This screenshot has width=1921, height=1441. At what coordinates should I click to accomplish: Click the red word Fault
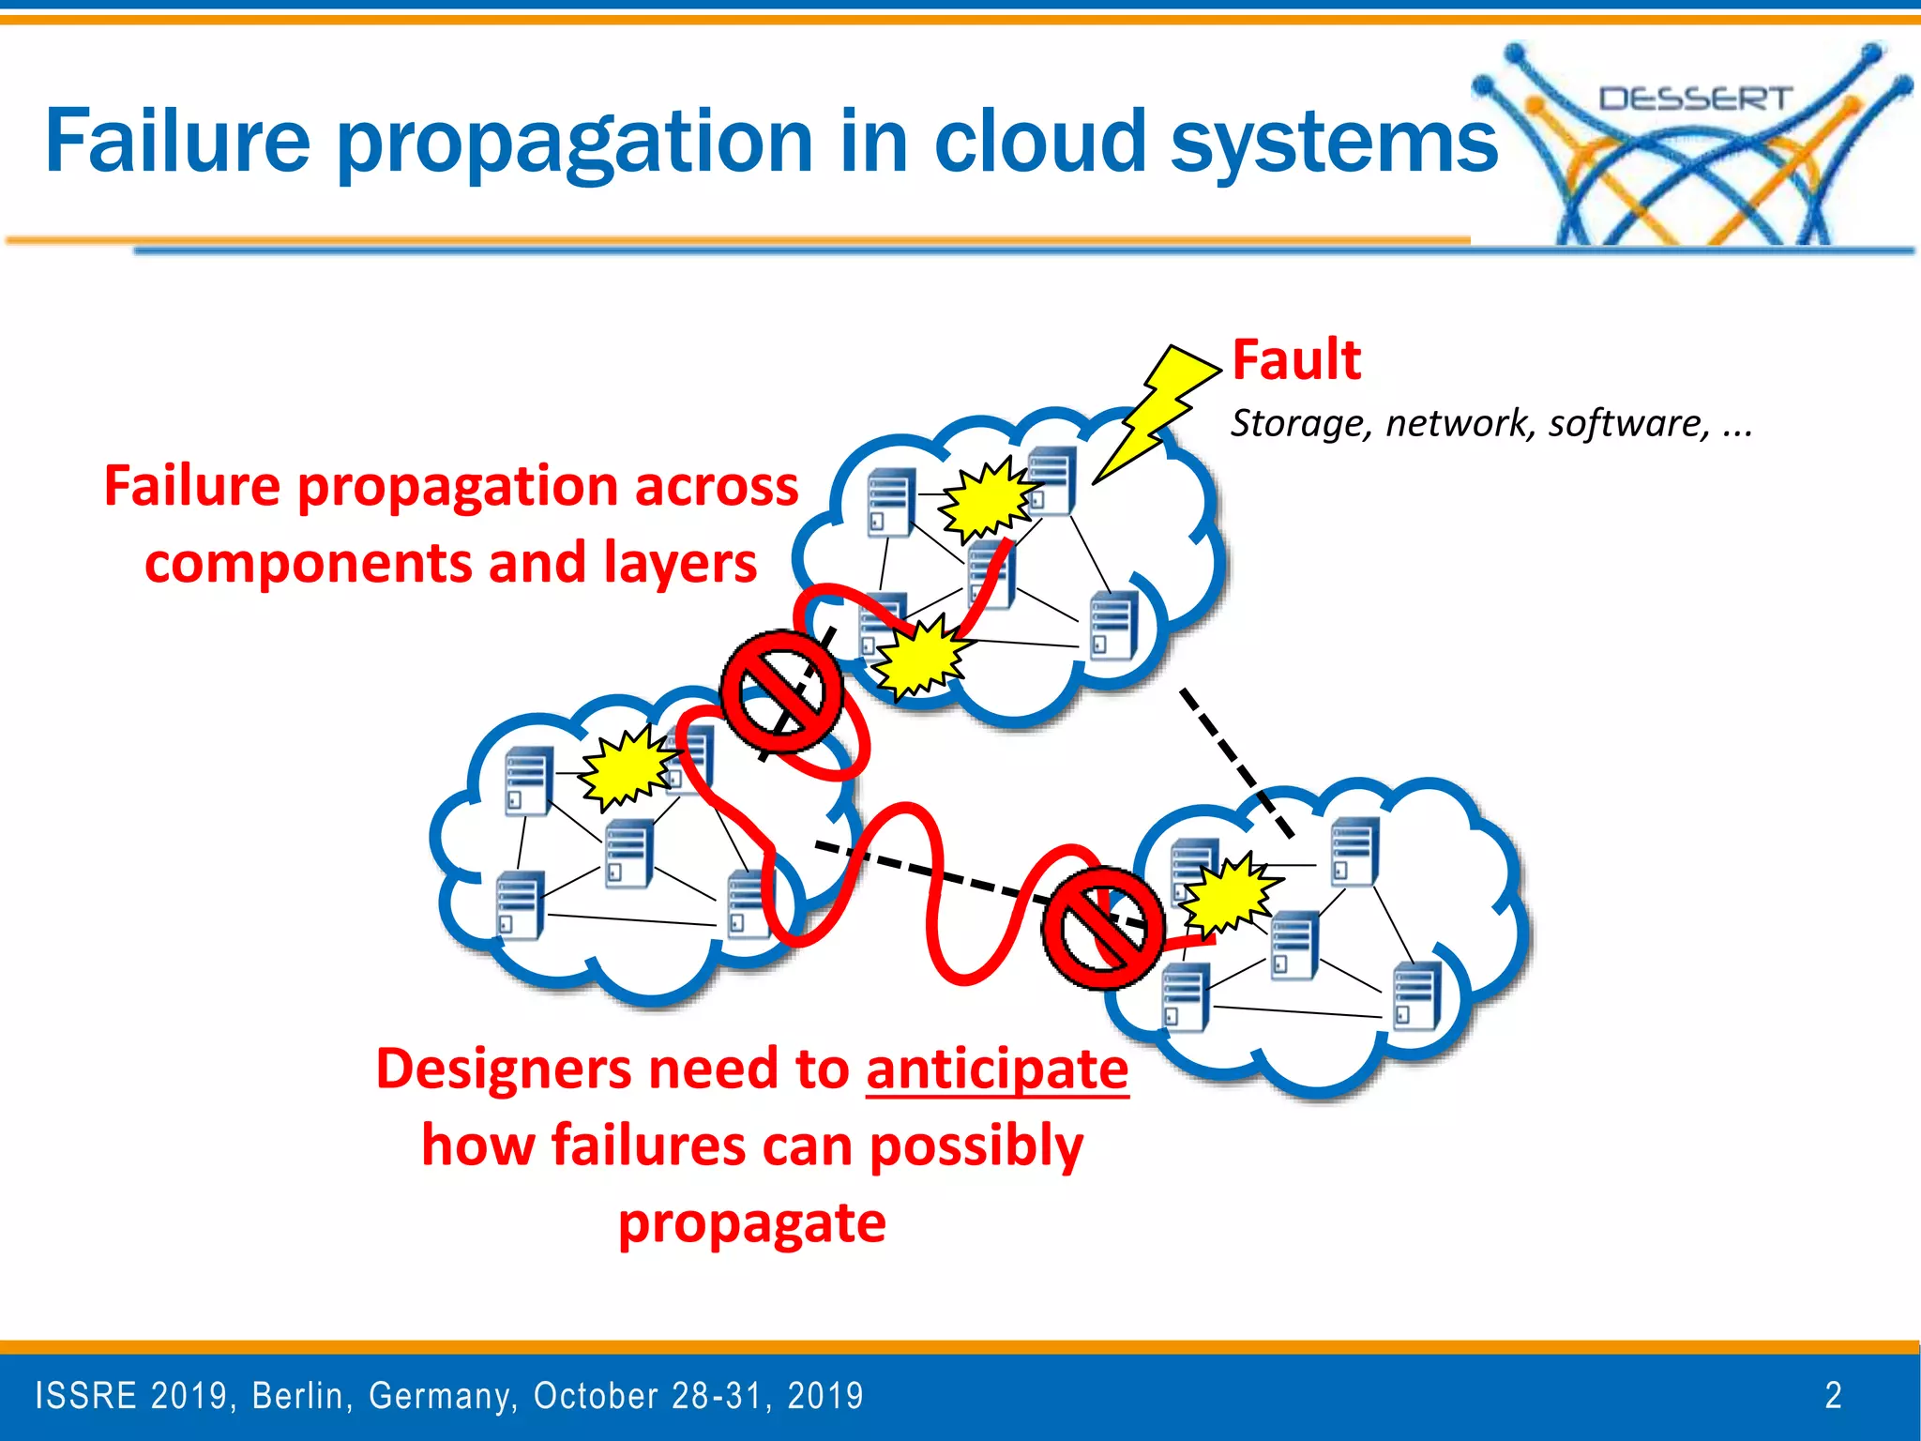[1295, 360]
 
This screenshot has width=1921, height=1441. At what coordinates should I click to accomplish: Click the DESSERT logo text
[1695, 99]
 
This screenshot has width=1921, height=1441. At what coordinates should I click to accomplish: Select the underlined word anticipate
[997, 1069]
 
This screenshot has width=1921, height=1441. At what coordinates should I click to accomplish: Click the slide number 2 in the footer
[1833, 1395]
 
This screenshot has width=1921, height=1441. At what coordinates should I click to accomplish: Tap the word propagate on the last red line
[751, 1224]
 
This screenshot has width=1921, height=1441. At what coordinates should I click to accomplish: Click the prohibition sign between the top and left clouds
[781, 691]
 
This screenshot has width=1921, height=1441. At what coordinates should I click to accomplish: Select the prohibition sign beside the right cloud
[1103, 927]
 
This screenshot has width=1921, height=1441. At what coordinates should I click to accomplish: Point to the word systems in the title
[1334, 143]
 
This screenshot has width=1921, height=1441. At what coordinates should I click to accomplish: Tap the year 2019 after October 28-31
[824, 1396]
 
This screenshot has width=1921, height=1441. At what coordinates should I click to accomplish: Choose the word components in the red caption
[310, 564]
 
